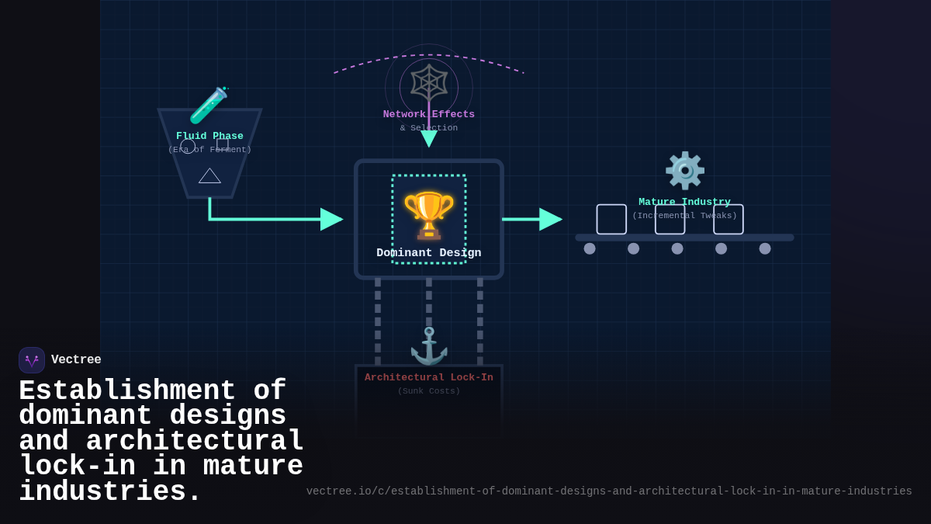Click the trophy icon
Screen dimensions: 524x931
[x=428, y=214]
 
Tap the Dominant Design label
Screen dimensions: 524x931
[x=428, y=253]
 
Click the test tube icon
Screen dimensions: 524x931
[x=209, y=105]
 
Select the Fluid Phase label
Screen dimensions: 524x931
[x=209, y=136]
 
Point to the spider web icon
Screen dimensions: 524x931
[x=429, y=83]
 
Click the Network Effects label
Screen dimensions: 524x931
[x=428, y=114]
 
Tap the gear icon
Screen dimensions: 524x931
[x=684, y=170]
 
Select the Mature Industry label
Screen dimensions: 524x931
[x=684, y=202]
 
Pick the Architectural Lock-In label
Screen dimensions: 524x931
[x=428, y=377]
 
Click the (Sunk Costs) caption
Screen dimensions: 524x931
[x=428, y=391]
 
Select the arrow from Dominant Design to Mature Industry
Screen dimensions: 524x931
[x=532, y=219]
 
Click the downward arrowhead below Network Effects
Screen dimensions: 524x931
[x=429, y=139]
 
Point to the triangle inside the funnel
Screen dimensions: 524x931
[x=209, y=176]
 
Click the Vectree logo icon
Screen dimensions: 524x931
[x=32, y=360]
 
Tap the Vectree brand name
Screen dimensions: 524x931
[x=76, y=360]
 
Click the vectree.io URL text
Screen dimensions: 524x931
[x=608, y=491]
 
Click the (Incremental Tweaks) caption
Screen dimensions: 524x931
[x=684, y=216]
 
